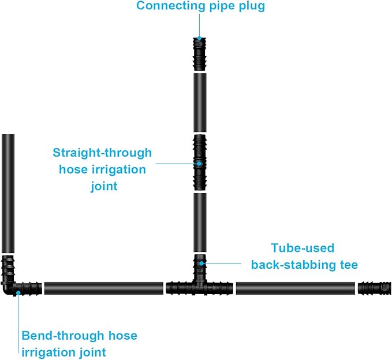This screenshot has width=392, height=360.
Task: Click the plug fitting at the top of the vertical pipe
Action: [x=199, y=54]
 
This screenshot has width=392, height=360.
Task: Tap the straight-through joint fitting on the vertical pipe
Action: [x=199, y=163]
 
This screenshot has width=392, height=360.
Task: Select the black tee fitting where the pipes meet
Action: [x=199, y=281]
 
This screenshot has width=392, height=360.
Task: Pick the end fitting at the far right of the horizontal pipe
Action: [x=374, y=288]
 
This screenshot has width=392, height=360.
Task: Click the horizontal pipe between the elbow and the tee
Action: [x=103, y=288]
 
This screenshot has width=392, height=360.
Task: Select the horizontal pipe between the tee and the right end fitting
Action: [x=295, y=288]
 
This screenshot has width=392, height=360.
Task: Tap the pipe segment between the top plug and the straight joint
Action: [x=199, y=103]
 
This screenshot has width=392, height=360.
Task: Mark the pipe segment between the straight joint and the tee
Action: [x=199, y=223]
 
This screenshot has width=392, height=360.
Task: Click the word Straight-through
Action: [x=102, y=153]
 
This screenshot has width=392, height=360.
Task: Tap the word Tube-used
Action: [x=303, y=248]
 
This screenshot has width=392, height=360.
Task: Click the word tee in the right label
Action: [x=348, y=265]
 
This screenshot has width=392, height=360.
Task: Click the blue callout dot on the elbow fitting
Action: [x=18, y=293]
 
